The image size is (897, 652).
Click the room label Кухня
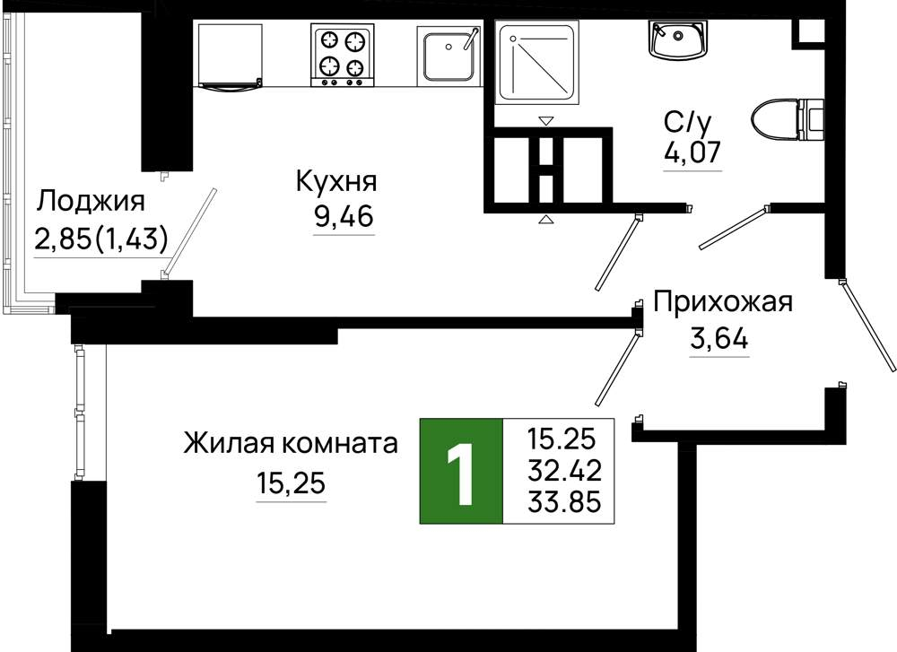tap(336, 182)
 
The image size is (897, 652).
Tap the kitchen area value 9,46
tap(344, 216)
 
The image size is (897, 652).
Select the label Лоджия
tap(91, 202)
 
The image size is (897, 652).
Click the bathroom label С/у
tap(688, 122)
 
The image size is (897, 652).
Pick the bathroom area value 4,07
tap(692, 152)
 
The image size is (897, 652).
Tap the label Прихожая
tap(723, 302)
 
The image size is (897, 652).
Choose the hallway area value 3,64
tap(719, 340)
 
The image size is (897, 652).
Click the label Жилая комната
tap(291, 443)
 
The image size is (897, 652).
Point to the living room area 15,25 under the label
tap(291, 484)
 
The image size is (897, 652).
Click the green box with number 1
tap(461, 471)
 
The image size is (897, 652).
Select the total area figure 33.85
tap(564, 502)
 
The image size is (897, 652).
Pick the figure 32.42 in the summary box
tap(564, 471)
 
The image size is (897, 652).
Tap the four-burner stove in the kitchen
tap(342, 55)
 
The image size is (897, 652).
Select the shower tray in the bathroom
tap(536, 62)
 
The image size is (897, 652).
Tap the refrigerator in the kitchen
tap(230, 56)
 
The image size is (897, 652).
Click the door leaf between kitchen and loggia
tap(191, 232)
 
